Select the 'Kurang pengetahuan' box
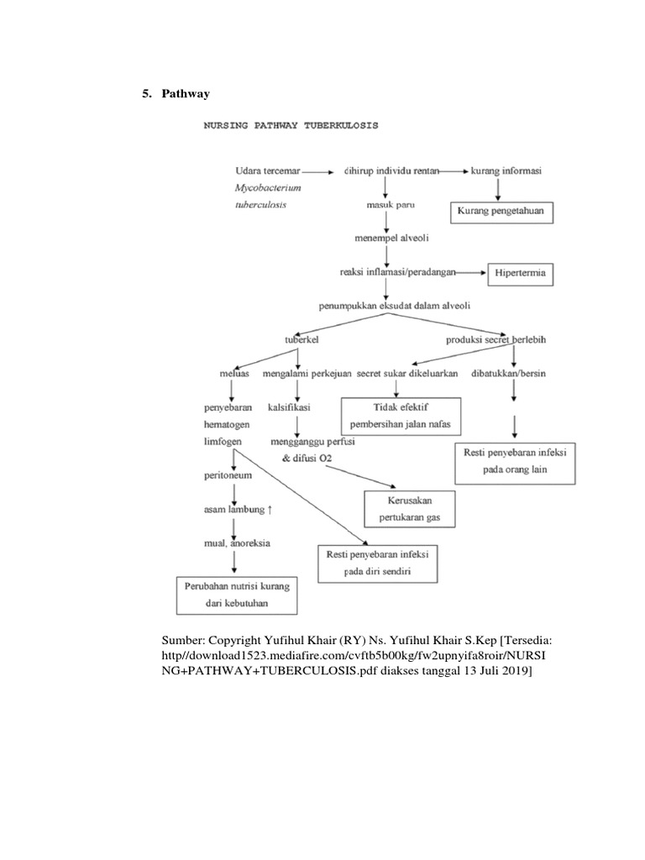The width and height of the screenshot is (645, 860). click(501, 212)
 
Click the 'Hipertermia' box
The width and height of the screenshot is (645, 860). click(522, 274)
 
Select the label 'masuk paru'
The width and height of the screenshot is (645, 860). click(390, 204)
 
